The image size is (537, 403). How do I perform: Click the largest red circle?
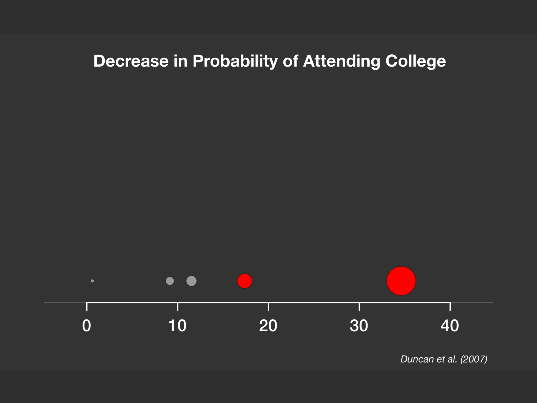point(401,281)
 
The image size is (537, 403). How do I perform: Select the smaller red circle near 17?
point(245,281)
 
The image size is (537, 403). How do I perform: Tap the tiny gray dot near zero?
point(92,281)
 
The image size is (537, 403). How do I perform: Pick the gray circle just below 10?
point(170,281)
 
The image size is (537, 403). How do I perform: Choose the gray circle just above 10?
point(192,281)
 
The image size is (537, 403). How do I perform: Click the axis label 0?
point(87,326)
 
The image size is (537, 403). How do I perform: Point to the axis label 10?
point(177,326)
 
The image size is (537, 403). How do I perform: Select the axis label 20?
point(268,326)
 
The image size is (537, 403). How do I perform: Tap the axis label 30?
point(359,326)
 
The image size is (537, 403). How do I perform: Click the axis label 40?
point(450,326)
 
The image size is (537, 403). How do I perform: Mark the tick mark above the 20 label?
point(268,307)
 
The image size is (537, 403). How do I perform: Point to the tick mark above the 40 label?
point(450,307)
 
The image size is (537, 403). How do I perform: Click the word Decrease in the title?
point(131,61)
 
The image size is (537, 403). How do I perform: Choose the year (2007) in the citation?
point(474,359)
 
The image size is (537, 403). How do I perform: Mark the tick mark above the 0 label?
point(87,307)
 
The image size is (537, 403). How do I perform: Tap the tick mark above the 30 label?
point(359,307)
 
